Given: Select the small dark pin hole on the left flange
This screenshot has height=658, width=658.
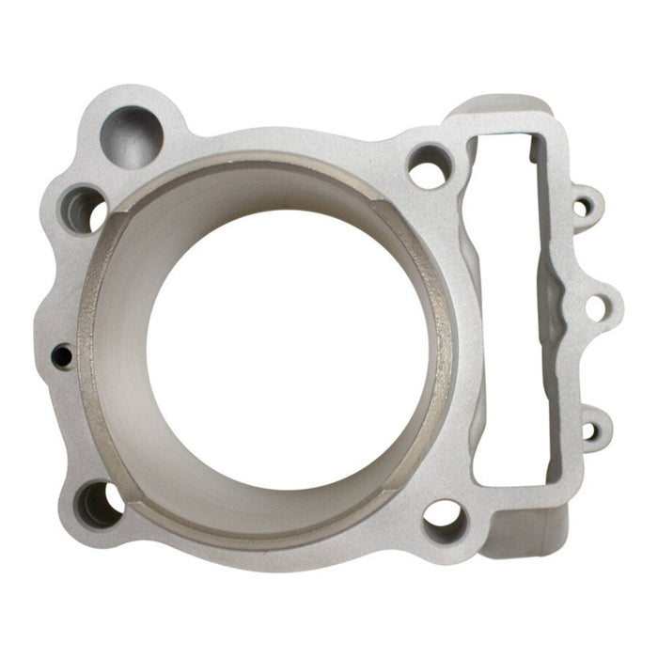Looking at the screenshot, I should coord(61,355).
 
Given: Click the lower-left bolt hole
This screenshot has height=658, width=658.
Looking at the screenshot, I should coord(99,504).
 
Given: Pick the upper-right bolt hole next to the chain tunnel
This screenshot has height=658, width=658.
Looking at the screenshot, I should coord(430,167).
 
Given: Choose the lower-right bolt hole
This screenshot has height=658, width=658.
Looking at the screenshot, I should coord(442,520).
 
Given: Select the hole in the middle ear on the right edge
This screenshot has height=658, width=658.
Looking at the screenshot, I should coord(596,306).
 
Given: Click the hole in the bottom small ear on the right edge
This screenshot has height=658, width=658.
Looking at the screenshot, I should coord(589,431).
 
